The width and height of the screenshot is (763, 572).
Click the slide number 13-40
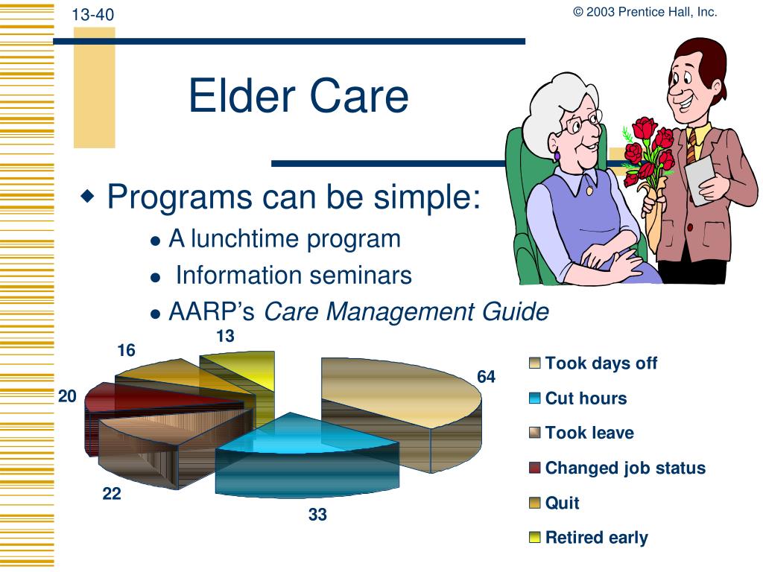click(93, 15)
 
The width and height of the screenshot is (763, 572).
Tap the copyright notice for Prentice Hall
click(645, 12)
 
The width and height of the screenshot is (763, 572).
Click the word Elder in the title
click(241, 96)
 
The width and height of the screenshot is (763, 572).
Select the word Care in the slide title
click(359, 96)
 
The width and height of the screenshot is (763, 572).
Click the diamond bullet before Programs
click(88, 196)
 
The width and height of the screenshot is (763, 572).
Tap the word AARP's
click(212, 311)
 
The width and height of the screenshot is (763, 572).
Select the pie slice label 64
click(486, 376)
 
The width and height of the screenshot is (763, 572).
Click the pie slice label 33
click(317, 514)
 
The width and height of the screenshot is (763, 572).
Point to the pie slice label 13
click(225, 336)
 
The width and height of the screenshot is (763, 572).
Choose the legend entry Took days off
click(593, 363)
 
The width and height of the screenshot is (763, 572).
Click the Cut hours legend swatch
click(535, 398)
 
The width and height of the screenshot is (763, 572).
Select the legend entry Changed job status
click(617, 468)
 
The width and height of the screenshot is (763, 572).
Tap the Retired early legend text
click(597, 538)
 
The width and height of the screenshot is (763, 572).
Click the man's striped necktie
click(691, 146)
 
